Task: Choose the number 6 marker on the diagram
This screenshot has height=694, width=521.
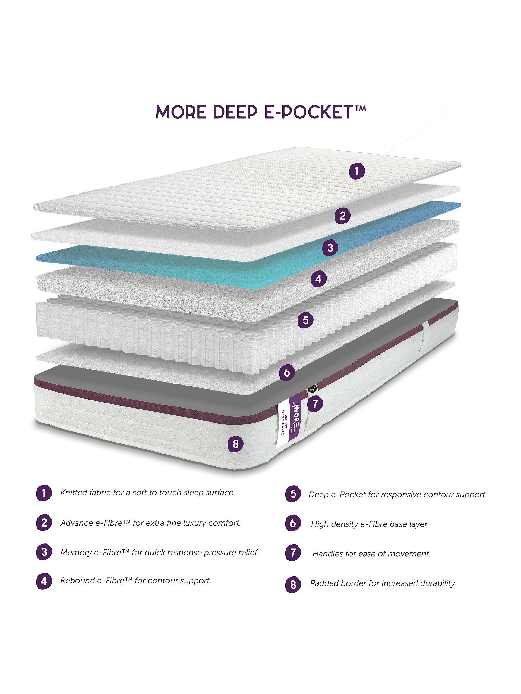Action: [x=286, y=373]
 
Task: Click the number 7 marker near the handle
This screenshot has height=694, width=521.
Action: [x=315, y=403]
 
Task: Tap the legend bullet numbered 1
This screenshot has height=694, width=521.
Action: [x=44, y=493]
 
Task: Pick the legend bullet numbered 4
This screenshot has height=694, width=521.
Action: [x=44, y=581]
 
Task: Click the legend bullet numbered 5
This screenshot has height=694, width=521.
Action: [x=293, y=494]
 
